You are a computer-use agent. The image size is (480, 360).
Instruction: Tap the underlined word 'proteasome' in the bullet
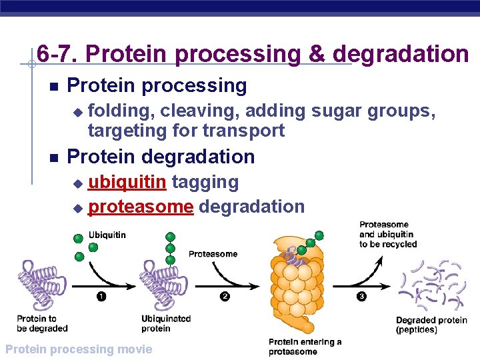point(141,207)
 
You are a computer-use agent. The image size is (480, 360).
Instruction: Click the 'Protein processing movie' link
point(78,349)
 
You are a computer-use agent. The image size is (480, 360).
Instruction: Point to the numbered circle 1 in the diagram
point(101,297)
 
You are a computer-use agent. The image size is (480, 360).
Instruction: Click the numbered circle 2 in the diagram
point(225,297)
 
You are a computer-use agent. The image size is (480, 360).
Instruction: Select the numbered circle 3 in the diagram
point(361,297)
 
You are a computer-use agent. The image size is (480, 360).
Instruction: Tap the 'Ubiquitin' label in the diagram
point(107,235)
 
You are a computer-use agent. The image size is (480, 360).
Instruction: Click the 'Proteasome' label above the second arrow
point(213,254)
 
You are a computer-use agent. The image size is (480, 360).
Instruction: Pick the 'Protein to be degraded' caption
point(42,323)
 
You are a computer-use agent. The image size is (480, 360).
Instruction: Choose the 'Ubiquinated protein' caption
point(166,323)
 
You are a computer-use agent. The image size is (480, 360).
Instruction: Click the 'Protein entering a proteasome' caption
point(305,347)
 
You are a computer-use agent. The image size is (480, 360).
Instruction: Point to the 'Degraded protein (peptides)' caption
point(431,325)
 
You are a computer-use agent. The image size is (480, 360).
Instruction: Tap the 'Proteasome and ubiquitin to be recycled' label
point(388,235)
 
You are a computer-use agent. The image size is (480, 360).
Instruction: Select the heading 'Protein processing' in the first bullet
point(157,85)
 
